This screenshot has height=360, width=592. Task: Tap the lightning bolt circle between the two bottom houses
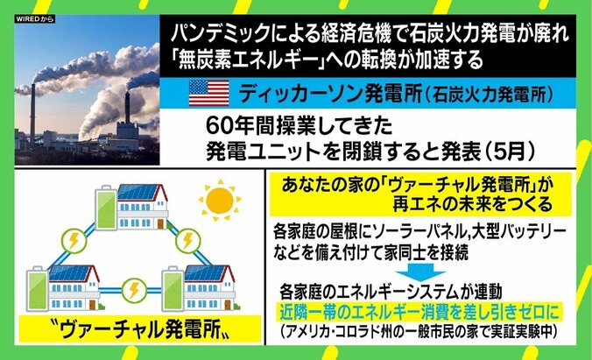tap(137, 290)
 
